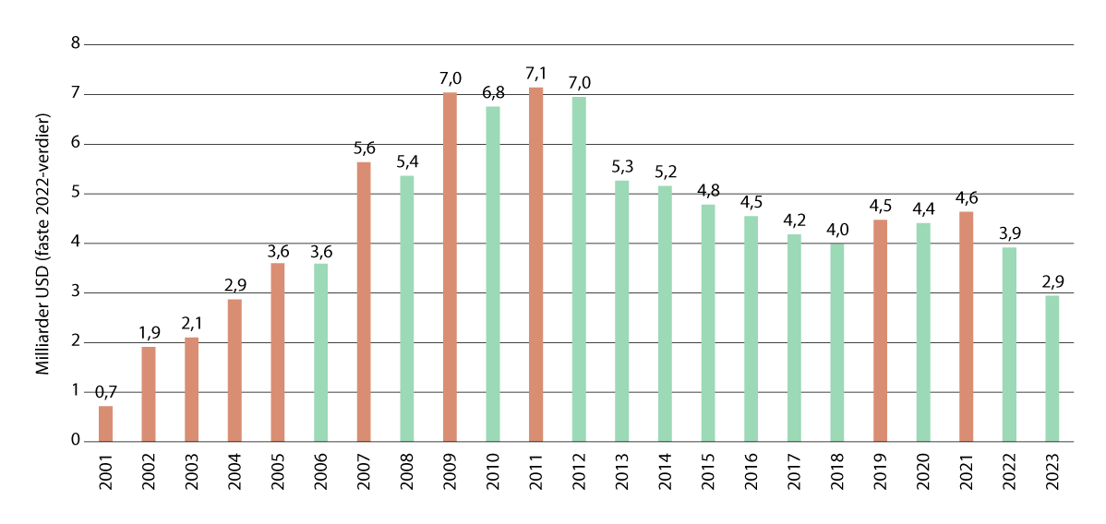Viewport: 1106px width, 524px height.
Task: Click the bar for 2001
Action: [105, 423]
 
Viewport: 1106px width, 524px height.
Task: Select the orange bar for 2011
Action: [535, 264]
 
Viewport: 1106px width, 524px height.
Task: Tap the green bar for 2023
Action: [1052, 368]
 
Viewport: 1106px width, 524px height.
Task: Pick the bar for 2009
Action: [450, 267]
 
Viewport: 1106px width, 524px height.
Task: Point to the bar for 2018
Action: [837, 341]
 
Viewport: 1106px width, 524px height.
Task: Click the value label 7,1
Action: [535, 73]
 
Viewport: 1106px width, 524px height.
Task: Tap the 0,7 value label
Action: [105, 392]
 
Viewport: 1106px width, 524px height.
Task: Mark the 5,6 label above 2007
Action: [364, 148]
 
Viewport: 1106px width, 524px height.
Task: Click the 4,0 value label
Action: [837, 228]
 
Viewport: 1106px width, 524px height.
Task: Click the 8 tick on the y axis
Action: [76, 44]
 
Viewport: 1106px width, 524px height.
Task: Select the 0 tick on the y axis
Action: [76, 442]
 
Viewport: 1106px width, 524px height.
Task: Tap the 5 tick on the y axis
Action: [76, 194]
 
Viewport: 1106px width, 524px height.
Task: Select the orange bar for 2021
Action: [967, 327]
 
